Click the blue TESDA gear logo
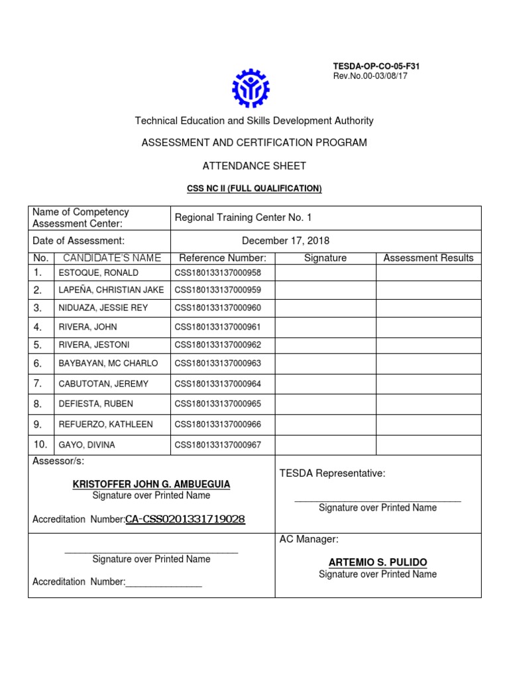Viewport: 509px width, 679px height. tap(251, 88)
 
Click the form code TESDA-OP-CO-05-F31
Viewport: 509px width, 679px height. tap(376, 66)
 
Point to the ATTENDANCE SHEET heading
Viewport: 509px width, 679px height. tap(254, 166)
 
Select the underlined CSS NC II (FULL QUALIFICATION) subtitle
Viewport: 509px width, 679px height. tap(254, 189)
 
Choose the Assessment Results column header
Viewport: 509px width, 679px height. tap(428, 258)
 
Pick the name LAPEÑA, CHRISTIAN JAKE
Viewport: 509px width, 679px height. tap(111, 290)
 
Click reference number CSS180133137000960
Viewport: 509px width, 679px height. tap(217, 308)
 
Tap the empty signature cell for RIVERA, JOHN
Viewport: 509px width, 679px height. tap(325, 326)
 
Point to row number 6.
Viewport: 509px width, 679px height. tap(38, 363)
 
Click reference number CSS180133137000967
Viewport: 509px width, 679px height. tap(217, 445)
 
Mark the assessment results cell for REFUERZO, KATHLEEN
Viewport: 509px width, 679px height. tap(428, 424)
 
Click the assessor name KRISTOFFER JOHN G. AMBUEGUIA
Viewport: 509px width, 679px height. tap(151, 485)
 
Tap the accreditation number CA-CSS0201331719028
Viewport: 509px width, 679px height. tap(185, 519)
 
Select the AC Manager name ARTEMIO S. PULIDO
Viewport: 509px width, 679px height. tap(378, 562)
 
